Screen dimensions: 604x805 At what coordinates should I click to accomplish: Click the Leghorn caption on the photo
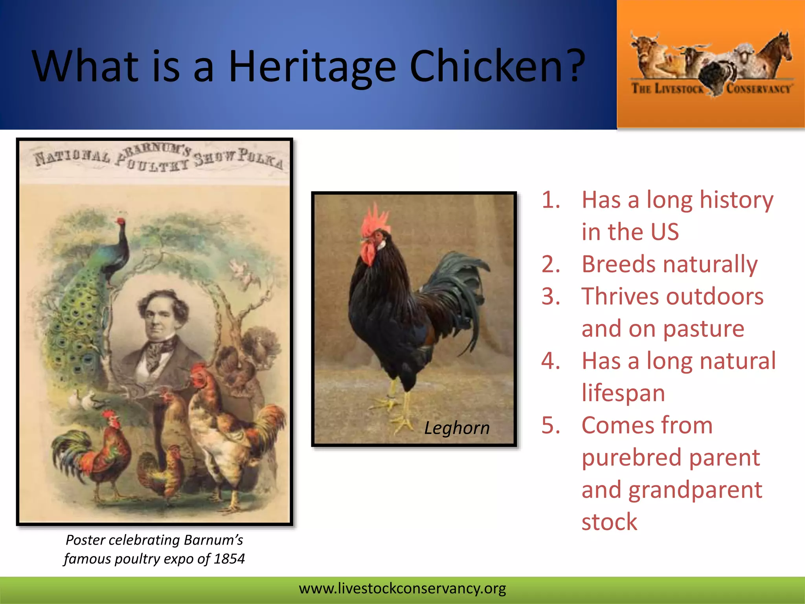coord(457,428)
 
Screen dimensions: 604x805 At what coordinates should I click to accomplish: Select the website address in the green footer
coord(402,589)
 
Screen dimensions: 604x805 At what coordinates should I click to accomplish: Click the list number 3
coord(550,296)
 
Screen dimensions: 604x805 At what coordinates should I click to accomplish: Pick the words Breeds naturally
coord(669,264)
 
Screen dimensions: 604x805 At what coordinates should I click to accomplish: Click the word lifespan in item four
coord(623,393)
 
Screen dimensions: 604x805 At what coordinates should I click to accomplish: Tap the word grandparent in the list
coord(695,490)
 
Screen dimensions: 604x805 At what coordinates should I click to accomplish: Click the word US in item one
coord(665,232)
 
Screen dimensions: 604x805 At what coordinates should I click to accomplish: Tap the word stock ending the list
coord(609,522)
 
